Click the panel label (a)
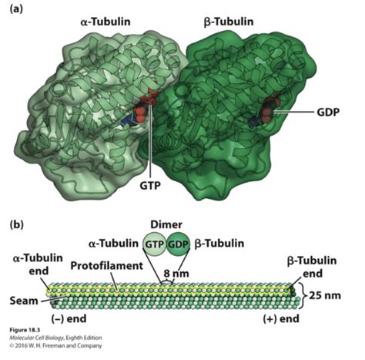[16, 9]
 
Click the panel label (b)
[16, 224]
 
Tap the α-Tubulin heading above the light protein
[105, 22]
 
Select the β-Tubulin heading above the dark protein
[229, 22]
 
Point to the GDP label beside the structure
[328, 112]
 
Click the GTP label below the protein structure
[150, 185]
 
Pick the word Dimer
[166, 224]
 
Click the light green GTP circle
[154, 244]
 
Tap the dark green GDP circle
[178, 244]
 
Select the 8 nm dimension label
[176, 274]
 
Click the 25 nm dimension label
[325, 295]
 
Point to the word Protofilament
[106, 266]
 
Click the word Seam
[24, 301]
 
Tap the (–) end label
[69, 319]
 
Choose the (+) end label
[281, 319]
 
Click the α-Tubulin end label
[38, 264]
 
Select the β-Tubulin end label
[312, 267]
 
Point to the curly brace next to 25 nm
[304, 295]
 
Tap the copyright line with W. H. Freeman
[55, 345]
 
